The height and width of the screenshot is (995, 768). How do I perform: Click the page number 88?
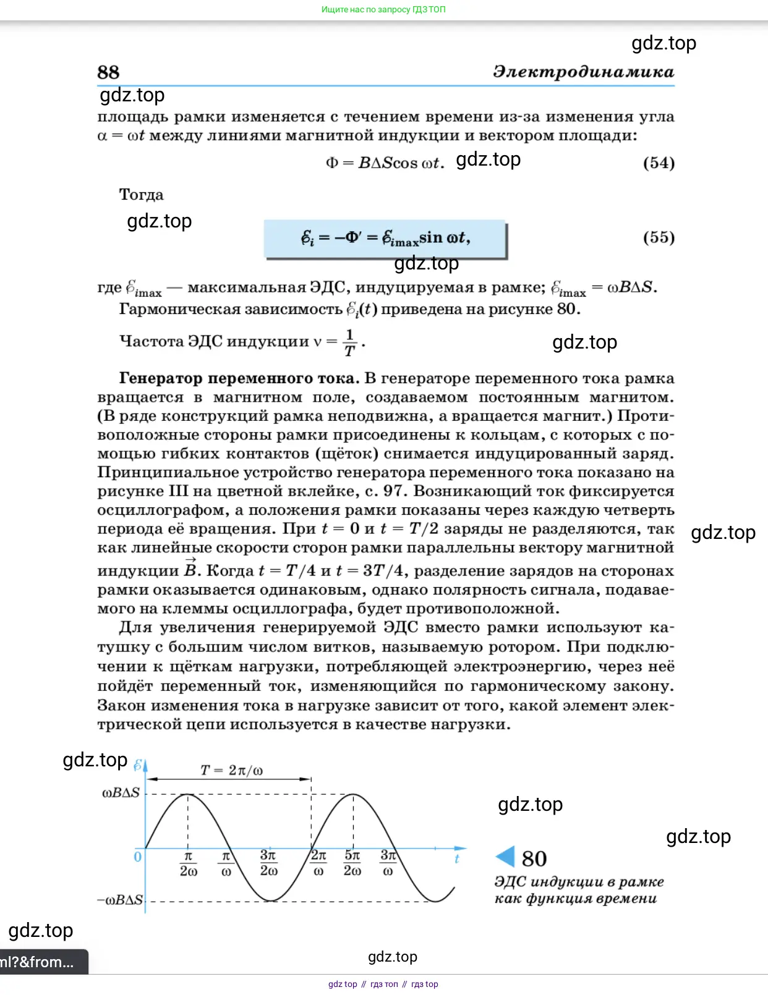click(108, 72)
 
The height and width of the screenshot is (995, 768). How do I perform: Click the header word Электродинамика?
click(583, 72)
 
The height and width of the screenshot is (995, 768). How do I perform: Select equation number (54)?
click(659, 163)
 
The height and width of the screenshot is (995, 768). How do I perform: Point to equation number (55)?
click(659, 237)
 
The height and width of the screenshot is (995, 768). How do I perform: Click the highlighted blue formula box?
click(385, 239)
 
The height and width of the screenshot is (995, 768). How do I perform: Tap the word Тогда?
click(142, 195)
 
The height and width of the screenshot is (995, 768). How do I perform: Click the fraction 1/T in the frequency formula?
click(350, 342)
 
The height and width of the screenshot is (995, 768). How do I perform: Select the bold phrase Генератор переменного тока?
click(239, 378)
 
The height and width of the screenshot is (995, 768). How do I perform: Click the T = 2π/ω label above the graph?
click(231, 770)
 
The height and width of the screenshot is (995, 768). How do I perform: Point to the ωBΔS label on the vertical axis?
click(121, 793)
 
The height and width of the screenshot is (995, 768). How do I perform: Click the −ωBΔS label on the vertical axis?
click(120, 900)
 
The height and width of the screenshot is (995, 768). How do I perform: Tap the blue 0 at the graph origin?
click(137, 857)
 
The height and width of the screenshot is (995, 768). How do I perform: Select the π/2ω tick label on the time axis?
click(189, 863)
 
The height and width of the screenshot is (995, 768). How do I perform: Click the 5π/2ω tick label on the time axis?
click(352, 863)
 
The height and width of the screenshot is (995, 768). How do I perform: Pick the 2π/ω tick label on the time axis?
click(318, 863)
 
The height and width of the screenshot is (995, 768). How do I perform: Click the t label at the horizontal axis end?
click(457, 858)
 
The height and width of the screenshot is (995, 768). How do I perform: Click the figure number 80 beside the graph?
click(534, 858)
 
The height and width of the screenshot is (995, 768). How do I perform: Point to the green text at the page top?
click(383, 9)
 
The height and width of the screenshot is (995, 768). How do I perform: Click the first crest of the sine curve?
click(188, 794)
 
